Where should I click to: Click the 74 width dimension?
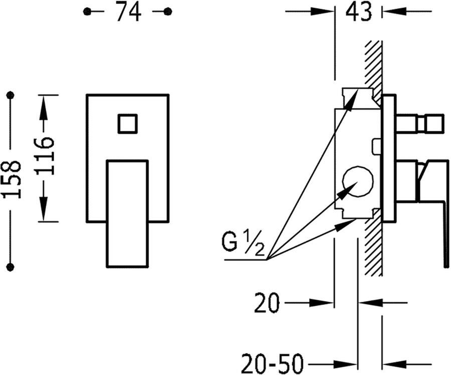tap(128, 12)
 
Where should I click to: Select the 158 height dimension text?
tap(12, 180)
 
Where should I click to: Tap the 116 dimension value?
tap(44, 156)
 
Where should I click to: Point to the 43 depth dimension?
tap(358, 12)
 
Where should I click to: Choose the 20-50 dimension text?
tap(273, 363)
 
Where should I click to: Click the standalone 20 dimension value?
tap(267, 303)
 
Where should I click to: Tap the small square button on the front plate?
tap(127, 124)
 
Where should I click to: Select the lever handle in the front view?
tap(127, 214)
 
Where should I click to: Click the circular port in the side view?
tap(358, 181)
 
